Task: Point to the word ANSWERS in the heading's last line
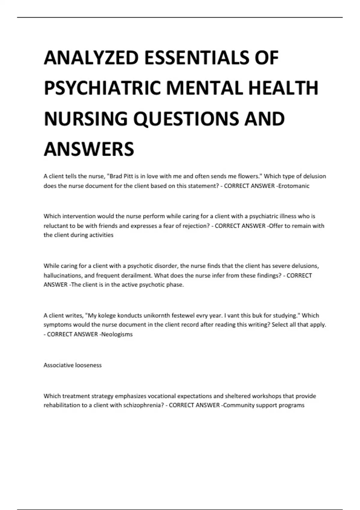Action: tap(89, 149)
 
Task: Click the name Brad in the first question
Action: tap(116, 176)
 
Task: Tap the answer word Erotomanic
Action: tap(294, 186)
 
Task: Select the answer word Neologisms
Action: tap(117, 334)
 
